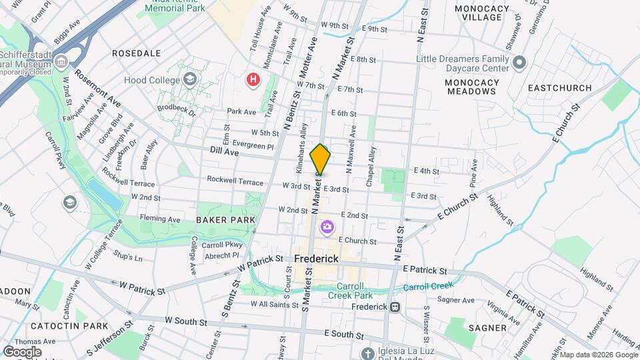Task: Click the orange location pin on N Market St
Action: [x=320, y=159]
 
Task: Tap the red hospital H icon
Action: [x=253, y=81]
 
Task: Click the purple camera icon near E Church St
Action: [x=327, y=227]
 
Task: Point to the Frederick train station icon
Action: [x=395, y=307]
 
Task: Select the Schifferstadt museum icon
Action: [x=61, y=63]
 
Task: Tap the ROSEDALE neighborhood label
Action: [x=136, y=53]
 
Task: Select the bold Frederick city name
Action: [x=317, y=258]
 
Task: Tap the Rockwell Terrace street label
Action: [x=235, y=180]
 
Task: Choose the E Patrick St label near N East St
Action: [x=425, y=270]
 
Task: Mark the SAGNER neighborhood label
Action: [x=487, y=328]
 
